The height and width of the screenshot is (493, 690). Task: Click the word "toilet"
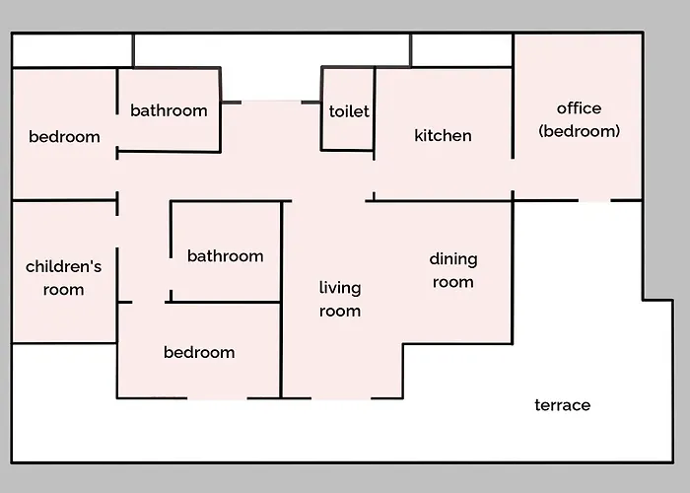pyautogui.click(x=349, y=111)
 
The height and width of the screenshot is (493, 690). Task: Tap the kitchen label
pyautogui.click(x=443, y=136)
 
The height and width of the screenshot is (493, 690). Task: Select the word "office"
pyautogui.click(x=579, y=108)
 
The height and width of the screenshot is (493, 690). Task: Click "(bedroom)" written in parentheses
pyautogui.click(x=580, y=131)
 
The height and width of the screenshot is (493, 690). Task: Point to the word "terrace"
pyautogui.click(x=563, y=405)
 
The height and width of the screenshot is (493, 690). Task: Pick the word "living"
pyautogui.click(x=340, y=288)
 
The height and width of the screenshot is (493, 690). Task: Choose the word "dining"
pyautogui.click(x=453, y=258)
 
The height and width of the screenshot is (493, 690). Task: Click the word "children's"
pyautogui.click(x=63, y=266)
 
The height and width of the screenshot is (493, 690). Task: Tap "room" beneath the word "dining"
pyautogui.click(x=452, y=282)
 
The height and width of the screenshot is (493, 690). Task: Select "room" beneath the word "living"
pyautogui.click(x=340, y=312)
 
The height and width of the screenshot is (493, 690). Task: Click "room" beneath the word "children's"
pyautogui.click(x=63, y=290)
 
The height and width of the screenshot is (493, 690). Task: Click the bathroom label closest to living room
pyautogui.click(x=226, y=255)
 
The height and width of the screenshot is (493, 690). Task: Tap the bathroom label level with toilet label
pyautogui.click(x=169, y=110)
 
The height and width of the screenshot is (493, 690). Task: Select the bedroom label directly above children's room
pyautogui.click(x=64, y=137)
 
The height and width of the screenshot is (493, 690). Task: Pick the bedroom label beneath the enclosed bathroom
pyautogui.click(x=199, y=352)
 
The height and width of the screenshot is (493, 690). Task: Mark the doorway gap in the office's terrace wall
pyautogui.click(x=594, y=201)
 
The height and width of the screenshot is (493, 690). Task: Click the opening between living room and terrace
pyautogui.click(x=341, y=398)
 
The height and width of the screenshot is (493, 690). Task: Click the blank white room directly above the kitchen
pyautogui.click(x=461, y=50)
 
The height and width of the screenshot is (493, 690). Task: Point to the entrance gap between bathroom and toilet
pyautogui.click(x=271, y=103)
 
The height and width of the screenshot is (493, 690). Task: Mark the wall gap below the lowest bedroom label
pyautogui.click(x=217, y=398)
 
